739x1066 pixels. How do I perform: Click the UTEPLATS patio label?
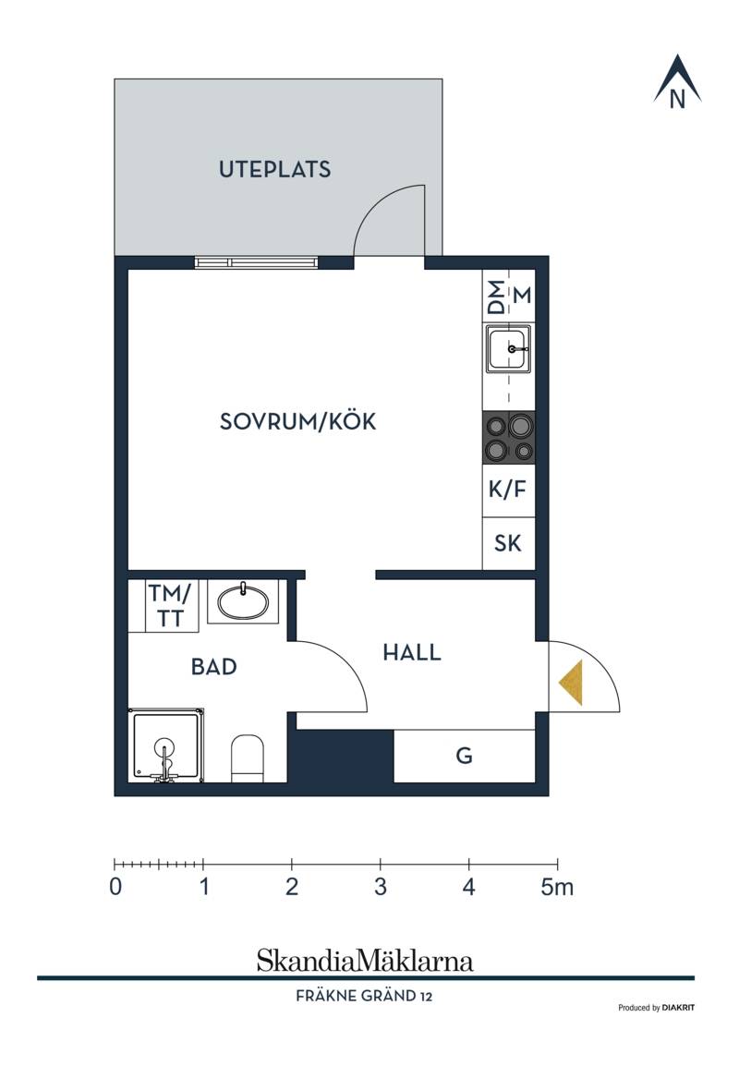click(274, 169)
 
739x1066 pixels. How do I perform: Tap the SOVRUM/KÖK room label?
click(297, 421)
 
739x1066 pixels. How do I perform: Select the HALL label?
click(412, 653)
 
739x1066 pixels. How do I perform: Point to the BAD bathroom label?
click(214, 666)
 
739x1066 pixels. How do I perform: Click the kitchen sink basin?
click(509, 348)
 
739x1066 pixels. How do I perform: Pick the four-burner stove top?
click(509, 438)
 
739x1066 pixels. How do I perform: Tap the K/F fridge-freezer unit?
click(509, 491)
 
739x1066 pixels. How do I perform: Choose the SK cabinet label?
click(508, 543)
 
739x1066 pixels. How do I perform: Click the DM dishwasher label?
click(498, 297)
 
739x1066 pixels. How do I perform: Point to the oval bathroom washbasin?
click(243, 601)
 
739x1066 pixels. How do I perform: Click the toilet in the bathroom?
click(248, 758)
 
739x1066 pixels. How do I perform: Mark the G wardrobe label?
click(465, 756)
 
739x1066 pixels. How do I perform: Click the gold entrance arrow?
click(572, 682)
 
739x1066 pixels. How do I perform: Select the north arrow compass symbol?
click(677, 81)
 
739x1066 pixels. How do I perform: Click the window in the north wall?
click(256, 262)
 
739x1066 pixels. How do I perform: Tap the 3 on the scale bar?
click(380, 887)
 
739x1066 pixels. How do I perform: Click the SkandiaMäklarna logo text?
click(365, 961)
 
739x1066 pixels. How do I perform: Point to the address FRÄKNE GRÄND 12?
click(364, 996)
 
